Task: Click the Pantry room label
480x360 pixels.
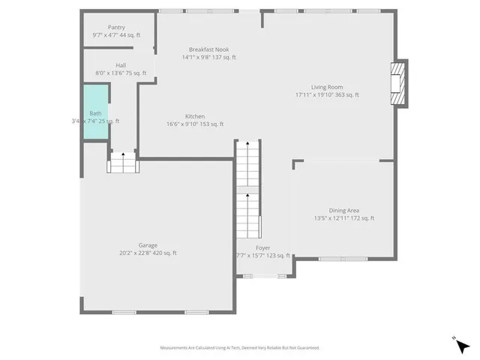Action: (x=116, y=27)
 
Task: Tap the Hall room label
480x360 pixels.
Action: (x=121, y=64)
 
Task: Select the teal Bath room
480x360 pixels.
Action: (x=96, y=112)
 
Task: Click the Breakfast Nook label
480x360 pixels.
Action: (x=209, y=49)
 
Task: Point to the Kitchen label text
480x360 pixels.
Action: (x=195, y=116)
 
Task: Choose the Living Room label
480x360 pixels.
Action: (x=327, y=87)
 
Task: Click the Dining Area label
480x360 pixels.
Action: (x=343, y=210)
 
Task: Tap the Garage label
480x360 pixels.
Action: (x=148, y=245)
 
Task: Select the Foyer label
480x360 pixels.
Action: (x=262, y=247)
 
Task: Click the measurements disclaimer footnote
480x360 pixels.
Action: (x=240, y=347)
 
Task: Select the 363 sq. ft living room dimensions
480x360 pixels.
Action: (x=327, y=95)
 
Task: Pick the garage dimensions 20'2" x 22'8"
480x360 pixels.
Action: (x=148, y=253)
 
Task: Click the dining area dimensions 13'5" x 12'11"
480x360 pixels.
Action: (x=343, y=218)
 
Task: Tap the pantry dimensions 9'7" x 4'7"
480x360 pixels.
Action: (x=116, y=35)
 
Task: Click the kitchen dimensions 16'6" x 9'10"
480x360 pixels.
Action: (x=195, y=124)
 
